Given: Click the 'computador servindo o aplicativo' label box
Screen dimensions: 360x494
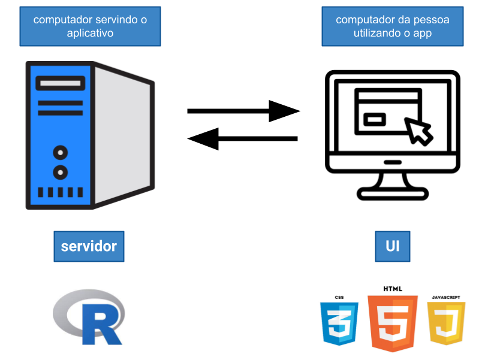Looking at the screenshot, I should coord(90,27).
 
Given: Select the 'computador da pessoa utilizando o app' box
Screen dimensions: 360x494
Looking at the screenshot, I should coord(392,27).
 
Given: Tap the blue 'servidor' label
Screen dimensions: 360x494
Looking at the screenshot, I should coord(89,246).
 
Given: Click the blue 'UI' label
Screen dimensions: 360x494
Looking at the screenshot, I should coord(393,246).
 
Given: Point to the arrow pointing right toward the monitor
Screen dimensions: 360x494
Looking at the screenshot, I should coord(243,111).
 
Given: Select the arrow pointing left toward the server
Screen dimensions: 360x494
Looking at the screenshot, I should coord(242,139).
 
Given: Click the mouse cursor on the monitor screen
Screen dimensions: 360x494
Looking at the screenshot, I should coord(418,131).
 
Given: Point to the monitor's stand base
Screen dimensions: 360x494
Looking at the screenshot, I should coord(393,193).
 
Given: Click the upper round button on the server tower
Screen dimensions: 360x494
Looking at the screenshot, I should coord(60,152).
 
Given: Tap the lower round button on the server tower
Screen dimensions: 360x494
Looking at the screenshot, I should coord(60,173).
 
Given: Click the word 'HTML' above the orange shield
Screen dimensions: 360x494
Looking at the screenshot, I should coord(393,289).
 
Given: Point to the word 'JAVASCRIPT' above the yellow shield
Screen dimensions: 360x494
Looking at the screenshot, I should coord(446,296).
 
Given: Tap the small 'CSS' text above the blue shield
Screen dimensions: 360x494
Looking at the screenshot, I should coord(339,297).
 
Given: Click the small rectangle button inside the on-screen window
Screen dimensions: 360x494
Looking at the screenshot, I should coord(376,119).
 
